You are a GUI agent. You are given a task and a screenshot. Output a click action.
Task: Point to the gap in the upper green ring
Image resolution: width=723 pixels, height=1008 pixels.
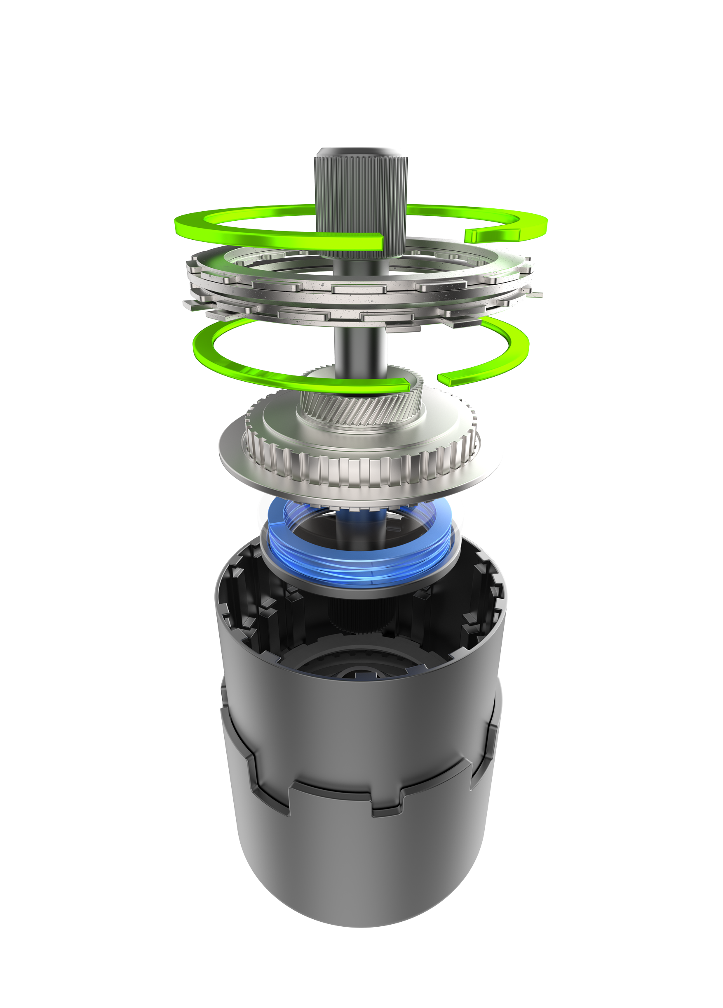tap(424, 234)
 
